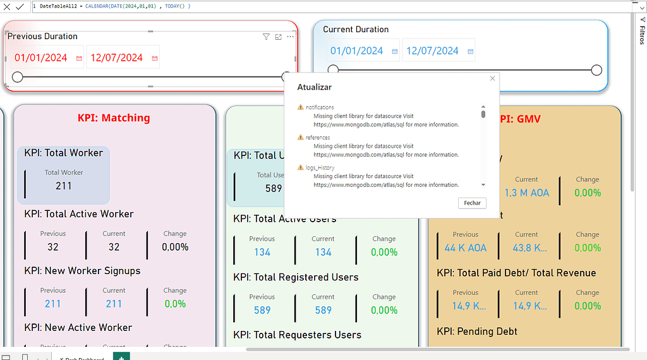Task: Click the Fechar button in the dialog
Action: coord(472,203)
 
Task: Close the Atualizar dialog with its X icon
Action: coord(492,78)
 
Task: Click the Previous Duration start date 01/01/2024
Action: coord(41,57)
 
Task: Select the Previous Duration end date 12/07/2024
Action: coord(117,57)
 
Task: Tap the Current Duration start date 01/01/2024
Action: coord(357,51)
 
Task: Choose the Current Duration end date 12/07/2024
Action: coord(433,51)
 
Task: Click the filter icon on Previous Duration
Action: coord(266,37)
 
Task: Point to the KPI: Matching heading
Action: coord(114,117)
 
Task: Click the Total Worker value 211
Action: coord(64,186)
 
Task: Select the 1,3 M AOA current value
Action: coord(526,193)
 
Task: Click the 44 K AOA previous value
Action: coord(466,248)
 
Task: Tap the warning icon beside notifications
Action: coord(301,107)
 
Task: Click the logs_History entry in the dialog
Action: coord(320,167)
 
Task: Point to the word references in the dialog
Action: coord(318,137)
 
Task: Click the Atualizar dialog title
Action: coord(315,87)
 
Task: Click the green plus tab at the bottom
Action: coord(121,357)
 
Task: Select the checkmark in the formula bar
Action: coord(20,6)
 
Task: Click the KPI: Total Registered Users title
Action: coord(296,277)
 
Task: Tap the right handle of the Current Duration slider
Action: coord(596,69)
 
